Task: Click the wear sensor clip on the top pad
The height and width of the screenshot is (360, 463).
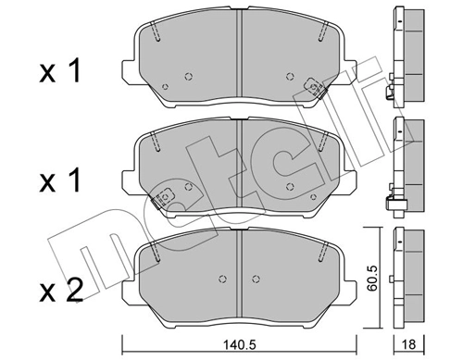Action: click(x=316, y=85)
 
